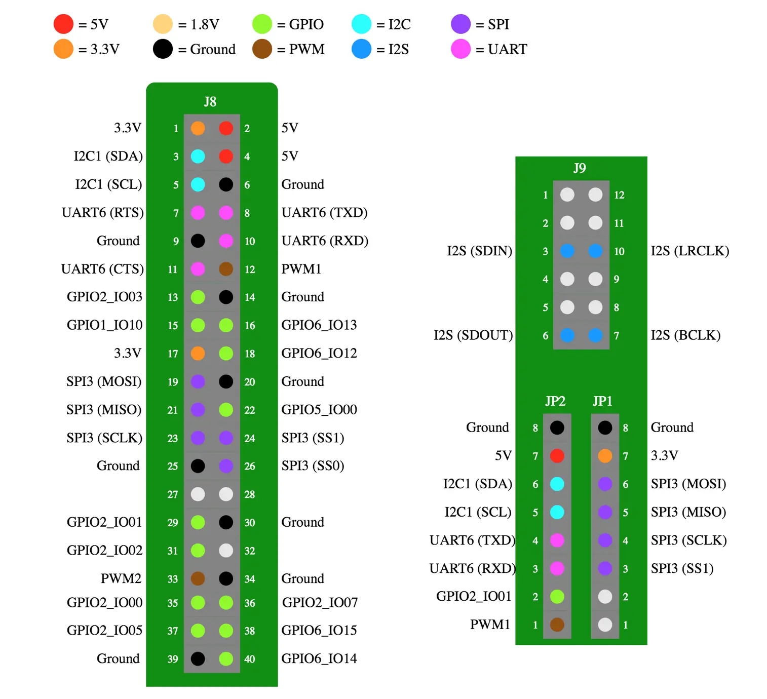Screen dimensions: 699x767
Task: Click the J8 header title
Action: pos(210,102)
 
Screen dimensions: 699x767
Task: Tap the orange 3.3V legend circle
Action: pos(63,49)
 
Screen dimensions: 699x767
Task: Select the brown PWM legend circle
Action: pos(262,49)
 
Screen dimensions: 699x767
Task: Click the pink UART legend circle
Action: pos(461,49)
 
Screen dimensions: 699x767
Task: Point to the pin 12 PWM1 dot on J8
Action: pos(226,269)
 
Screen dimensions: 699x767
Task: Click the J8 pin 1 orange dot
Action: pos(198,128)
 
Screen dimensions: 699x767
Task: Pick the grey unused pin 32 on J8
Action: pos(226,550)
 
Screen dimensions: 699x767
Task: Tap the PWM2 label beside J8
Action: pos(121,578)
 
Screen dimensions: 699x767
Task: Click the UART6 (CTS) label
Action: pos(102,269)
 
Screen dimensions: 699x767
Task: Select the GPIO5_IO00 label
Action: pos(319,409)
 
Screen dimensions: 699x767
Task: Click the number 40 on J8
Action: pos(249,659)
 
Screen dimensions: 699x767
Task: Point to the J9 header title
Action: pos(580,168)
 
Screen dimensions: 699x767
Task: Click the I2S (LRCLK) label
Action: pos(689,251)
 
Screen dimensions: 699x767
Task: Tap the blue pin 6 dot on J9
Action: pos(567,335)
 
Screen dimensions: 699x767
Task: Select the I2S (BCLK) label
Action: pos(685,335)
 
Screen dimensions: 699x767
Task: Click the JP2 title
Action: pos(555,401)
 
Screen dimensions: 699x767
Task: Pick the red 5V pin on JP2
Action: pos(557,456)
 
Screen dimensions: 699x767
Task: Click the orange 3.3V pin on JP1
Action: pos(605,456)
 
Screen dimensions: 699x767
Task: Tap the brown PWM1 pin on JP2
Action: pos(557,625)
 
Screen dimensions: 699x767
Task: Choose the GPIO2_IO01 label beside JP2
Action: pos(474,596)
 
